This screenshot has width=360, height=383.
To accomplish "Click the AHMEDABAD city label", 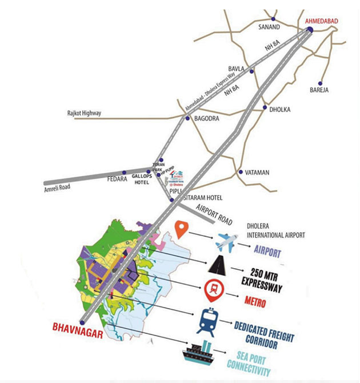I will click(321, 21).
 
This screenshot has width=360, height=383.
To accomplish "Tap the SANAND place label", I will click(270, 27).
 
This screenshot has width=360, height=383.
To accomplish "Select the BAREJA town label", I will click(319, 90).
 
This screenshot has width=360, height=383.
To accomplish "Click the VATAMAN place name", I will click(257, 171).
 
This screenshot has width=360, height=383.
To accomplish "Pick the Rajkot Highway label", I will click(83, 113).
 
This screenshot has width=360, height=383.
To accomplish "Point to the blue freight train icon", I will click(207, 321).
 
